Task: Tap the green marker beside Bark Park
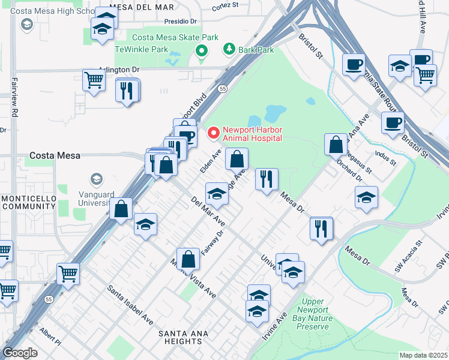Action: point(229,49)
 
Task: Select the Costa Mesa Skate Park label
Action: point(176,37)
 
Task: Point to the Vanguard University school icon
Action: point(96,179)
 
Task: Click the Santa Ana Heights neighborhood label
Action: point(183,334)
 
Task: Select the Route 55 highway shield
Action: point(222,89)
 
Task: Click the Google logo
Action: point(20,352)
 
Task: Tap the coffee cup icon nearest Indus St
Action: point(393,123)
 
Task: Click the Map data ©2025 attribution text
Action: point(424,355)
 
